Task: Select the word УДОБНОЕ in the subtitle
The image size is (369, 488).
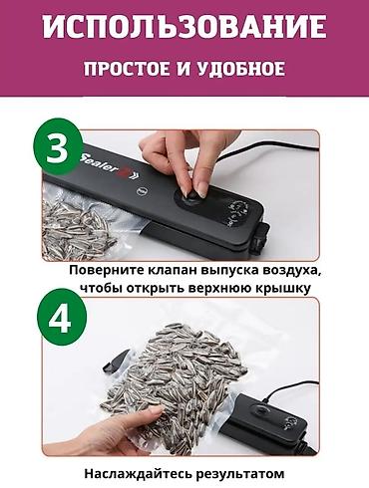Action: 242,70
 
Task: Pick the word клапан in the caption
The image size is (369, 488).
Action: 185,271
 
